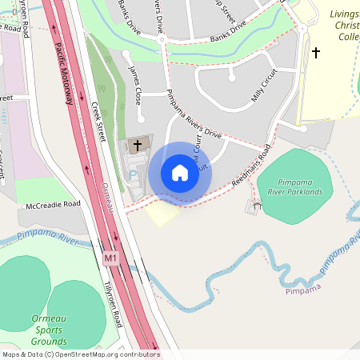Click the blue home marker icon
[x=180, y=173]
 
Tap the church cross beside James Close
[x=138, y=146]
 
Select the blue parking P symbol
[x=134, y=174]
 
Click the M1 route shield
[x=111, y=258]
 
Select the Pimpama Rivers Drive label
[x=193, y=113]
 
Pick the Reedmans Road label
[x=251, y=165]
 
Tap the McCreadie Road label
[x=54, y=205]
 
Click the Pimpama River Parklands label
[x=294, y=187]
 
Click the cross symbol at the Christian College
[x=316, y=53]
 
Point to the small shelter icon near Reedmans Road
[x=256, y=206]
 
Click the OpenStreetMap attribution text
[x=80, y=354]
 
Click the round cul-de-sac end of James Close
[x=126, y=54]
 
